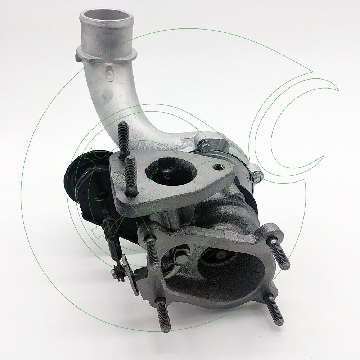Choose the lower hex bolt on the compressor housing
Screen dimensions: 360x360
[257, 176]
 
